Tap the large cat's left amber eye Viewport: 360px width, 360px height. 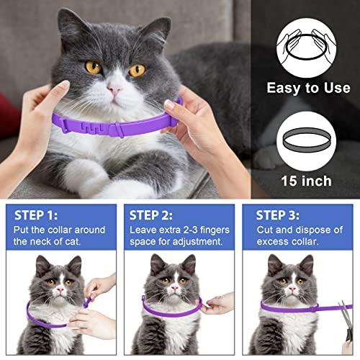click(x=93, y=67)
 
